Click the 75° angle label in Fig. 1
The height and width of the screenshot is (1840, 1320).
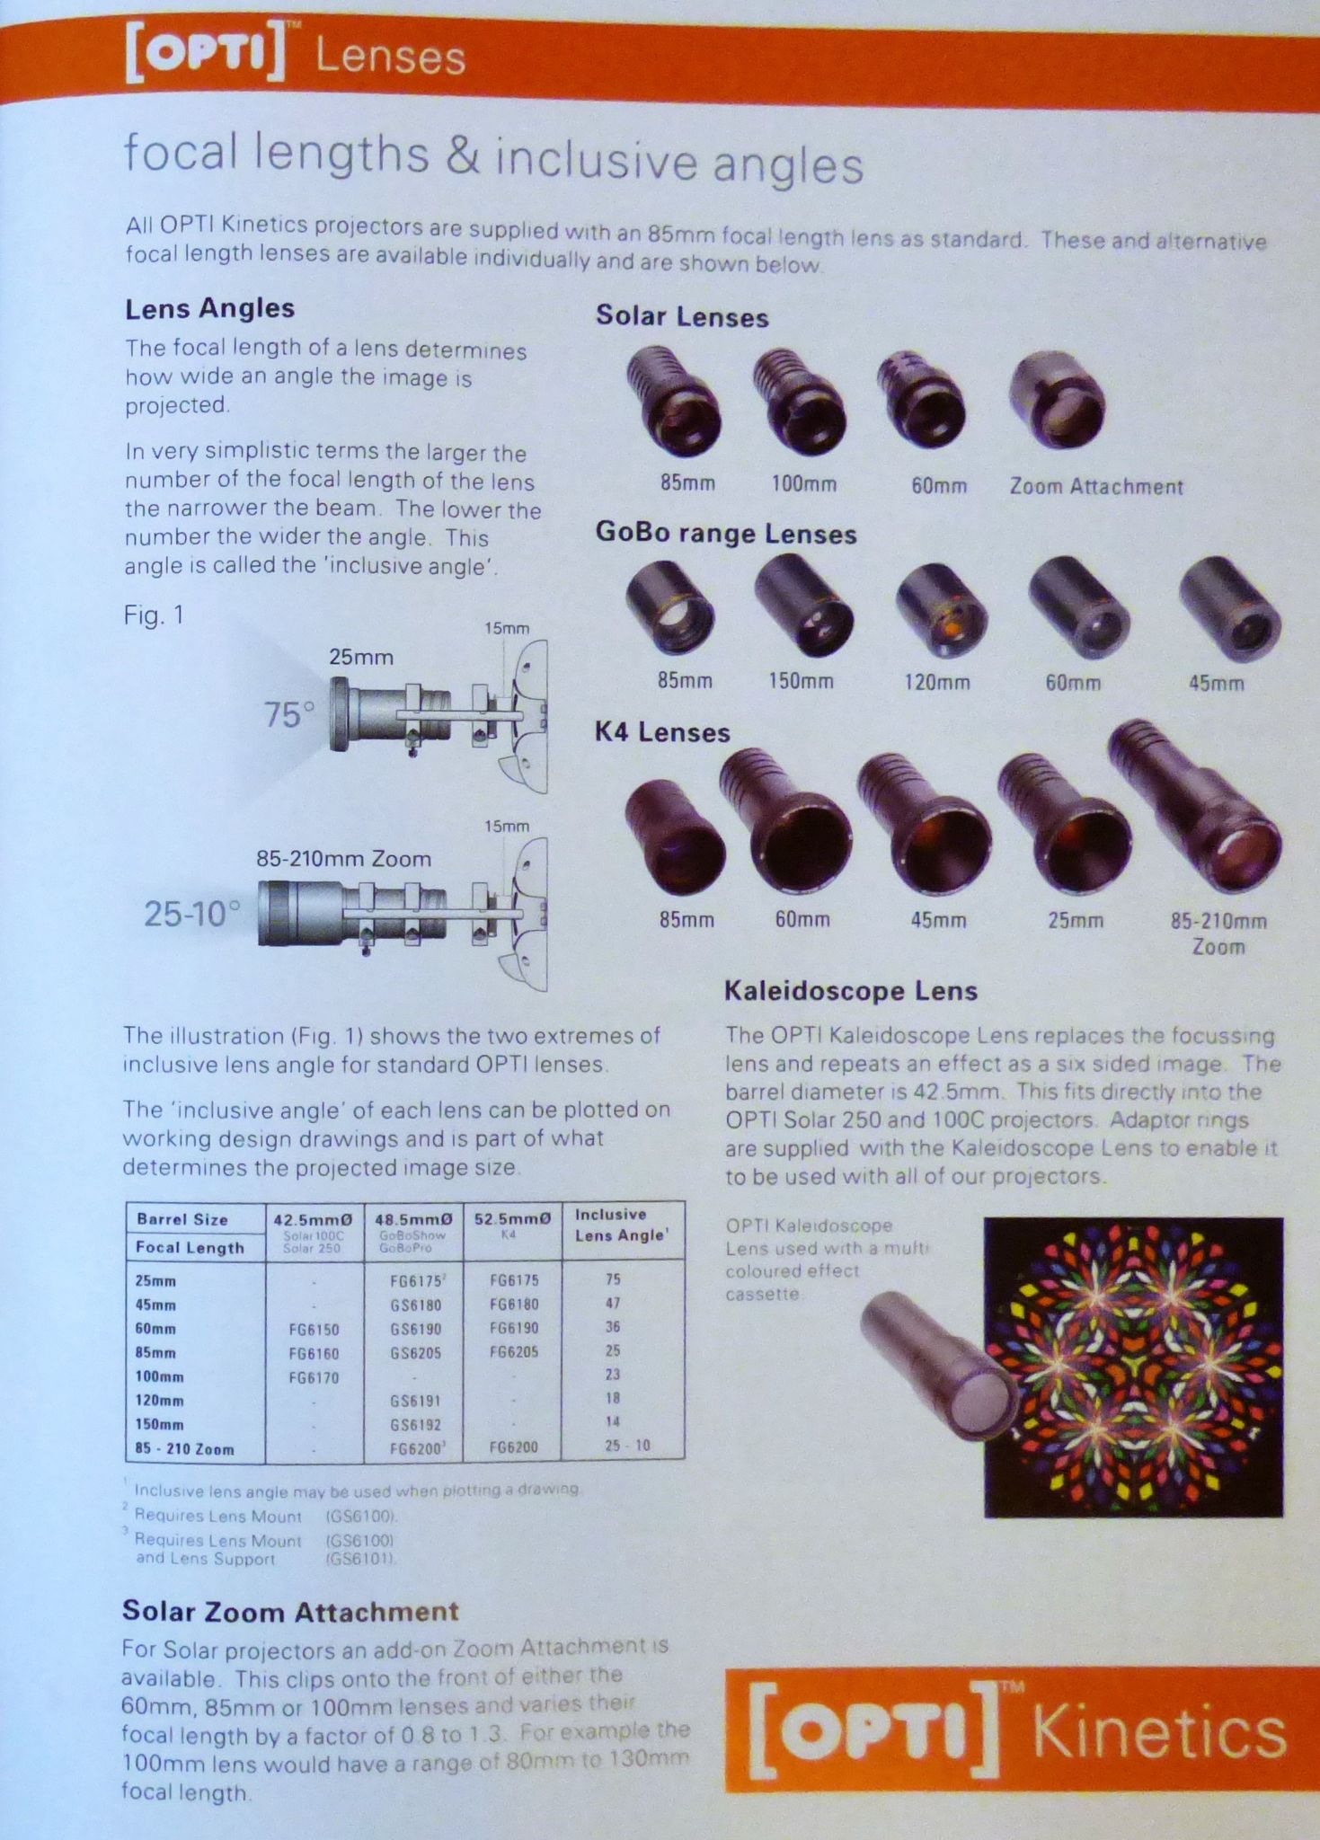[289, 715]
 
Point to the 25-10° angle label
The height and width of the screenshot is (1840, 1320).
[192, 915]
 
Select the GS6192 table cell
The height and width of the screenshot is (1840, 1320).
[415, 1424]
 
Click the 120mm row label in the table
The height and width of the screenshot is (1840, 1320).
[160, 1400]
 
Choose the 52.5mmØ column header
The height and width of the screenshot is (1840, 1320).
[511, 1219]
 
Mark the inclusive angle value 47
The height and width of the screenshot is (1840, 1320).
[613, 1303]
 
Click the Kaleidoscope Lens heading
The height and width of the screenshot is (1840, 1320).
[850, 991]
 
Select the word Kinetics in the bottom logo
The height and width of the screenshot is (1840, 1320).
[1159, 1733]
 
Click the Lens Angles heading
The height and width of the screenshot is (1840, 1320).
[209, 309]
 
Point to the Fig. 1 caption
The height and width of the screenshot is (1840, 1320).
[154, 615]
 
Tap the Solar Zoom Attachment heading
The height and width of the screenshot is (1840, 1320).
[290, 1611]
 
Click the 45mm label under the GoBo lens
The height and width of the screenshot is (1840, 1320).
[1216, 683]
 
